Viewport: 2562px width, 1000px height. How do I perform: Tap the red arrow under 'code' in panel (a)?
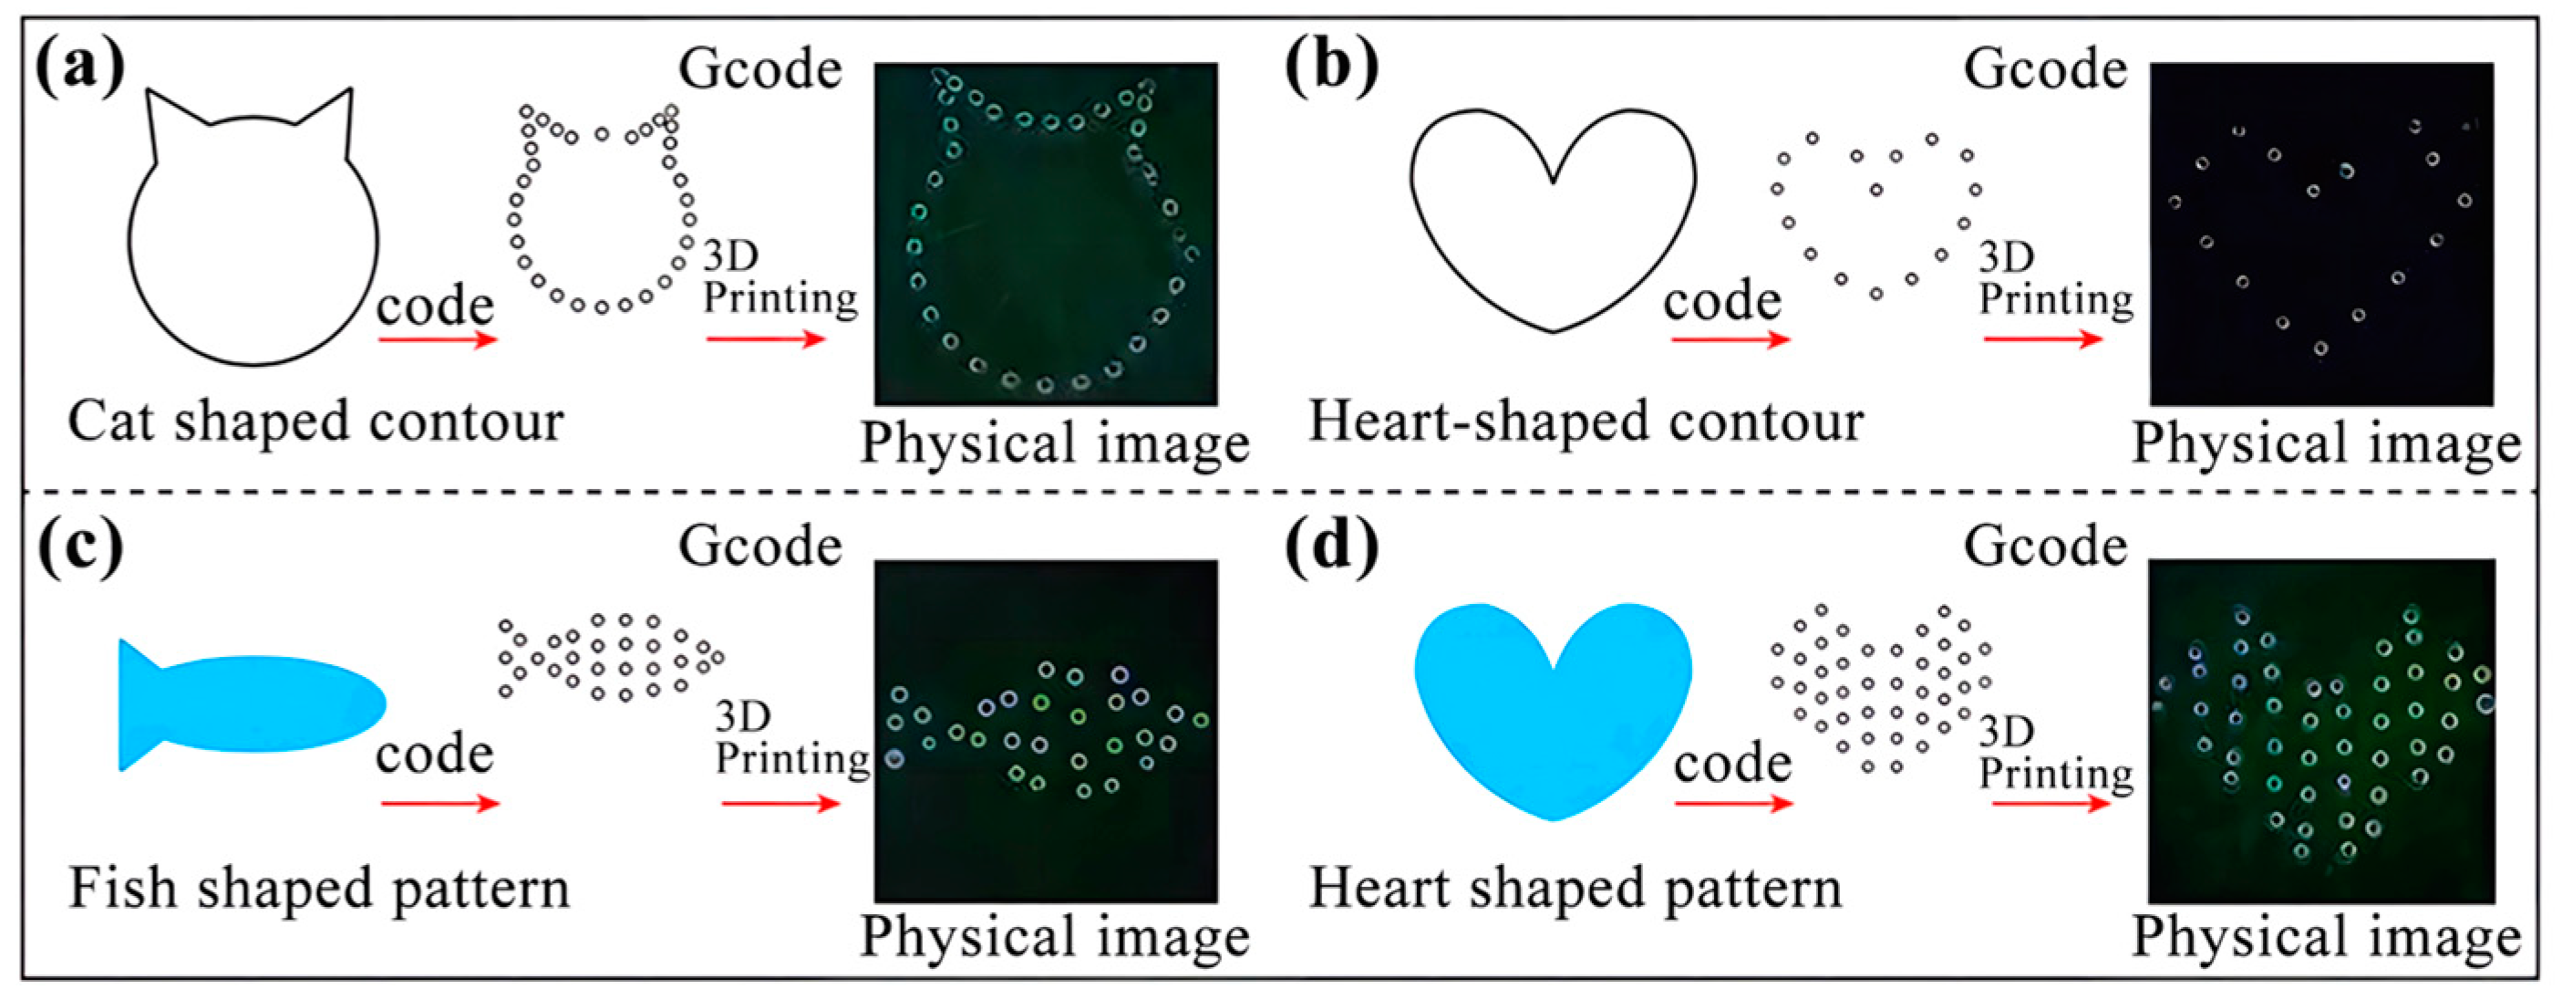click(437, 340)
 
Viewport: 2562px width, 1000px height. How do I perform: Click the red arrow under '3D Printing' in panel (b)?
click(2043, 339)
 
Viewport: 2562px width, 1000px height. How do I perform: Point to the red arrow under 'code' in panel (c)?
click(439, 803)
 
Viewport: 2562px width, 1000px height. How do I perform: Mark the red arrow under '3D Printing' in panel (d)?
click(2051, 803)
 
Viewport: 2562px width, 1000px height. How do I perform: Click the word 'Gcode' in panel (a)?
click(759, 69)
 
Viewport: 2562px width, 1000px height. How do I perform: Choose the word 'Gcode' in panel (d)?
click(2045, 547)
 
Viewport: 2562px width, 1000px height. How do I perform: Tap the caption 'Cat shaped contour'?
click(315, 422)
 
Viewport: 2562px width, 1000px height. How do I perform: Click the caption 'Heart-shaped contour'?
click(1586, 422)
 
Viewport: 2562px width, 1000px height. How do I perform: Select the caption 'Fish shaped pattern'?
click(319, 889)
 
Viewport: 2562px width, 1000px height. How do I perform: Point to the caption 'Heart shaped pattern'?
click(1575, 889)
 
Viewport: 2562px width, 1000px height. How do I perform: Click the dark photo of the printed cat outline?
click(1045, 234)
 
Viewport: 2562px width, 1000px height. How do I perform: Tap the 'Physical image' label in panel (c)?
click(1054, 937)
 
